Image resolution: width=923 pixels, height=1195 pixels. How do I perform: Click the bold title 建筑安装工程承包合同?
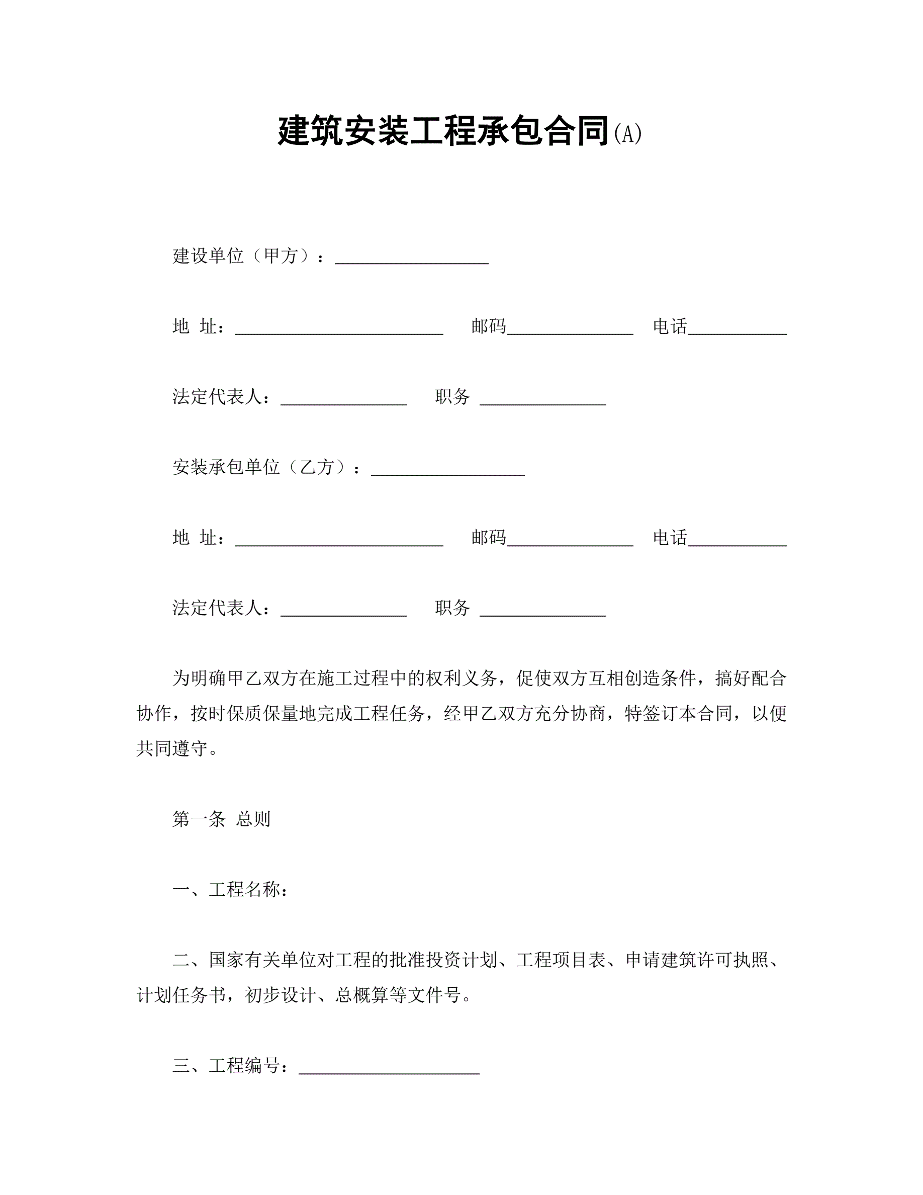(443, 132)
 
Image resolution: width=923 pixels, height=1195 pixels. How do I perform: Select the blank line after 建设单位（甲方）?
(411, 262)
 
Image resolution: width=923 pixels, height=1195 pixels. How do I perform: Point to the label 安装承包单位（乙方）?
(260, 467)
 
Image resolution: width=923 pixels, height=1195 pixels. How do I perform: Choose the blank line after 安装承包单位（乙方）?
(447, 473)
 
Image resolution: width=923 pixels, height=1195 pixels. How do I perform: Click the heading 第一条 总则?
(222, 819)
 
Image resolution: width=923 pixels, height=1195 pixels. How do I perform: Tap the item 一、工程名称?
(230, 890)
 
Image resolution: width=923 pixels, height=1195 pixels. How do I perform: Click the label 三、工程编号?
(230, 1066)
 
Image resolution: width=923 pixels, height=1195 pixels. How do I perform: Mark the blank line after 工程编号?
(389, 1071)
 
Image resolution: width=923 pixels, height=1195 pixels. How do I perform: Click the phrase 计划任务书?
(181, 995)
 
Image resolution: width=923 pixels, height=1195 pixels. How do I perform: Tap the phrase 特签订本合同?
(678, 714)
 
